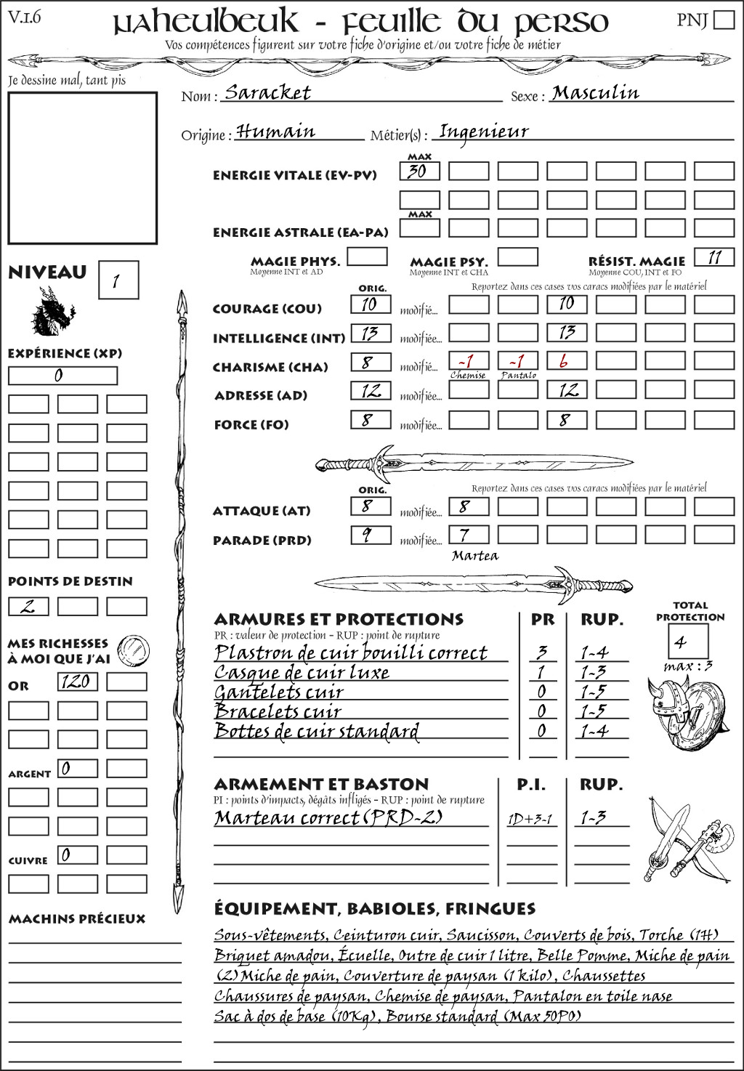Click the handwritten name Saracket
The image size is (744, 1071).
click(x=267, y=92)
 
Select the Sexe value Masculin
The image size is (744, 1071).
click(x=595, y=92)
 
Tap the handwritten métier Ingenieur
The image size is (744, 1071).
click(x=484, y=132)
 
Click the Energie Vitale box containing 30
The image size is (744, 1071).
click(x=419, y=171)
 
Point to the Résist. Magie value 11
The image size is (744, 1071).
click(x=714, y=257)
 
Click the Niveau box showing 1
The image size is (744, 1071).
click(x=118, y=280)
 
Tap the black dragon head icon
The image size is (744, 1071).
click(x=52, y=312)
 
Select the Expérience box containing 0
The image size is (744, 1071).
click(x=62, y=376)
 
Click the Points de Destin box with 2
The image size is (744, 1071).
click(x=28, y=606)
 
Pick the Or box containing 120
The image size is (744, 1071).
click(x=77, y=682)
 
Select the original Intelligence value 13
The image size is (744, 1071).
click(x=371, y=334)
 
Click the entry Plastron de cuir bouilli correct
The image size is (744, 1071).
click(x=351, y=652)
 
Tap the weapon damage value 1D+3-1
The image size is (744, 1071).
click(x=530, y=819)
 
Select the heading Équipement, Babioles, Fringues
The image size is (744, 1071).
click(x=374, y=908)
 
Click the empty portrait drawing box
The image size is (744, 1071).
click(x=82, y=168)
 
